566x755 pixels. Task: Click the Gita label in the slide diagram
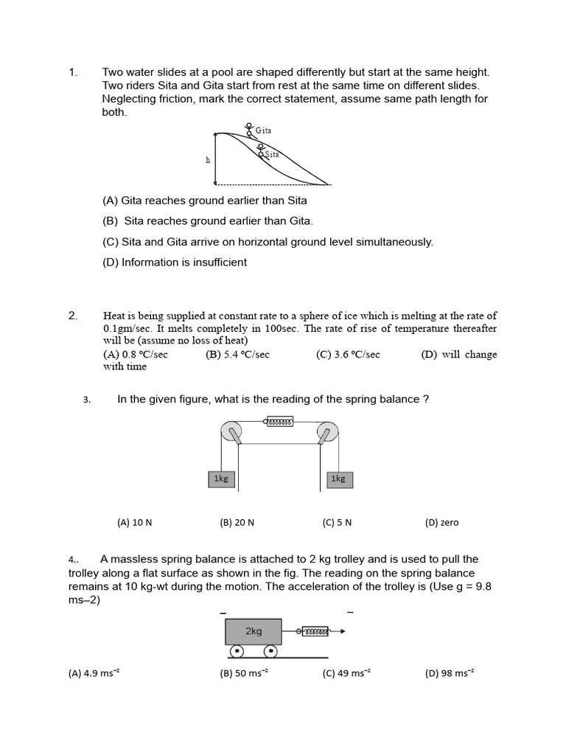click(263, 131)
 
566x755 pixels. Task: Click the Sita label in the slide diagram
click(271, 154)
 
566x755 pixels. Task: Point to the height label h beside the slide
click(208, 160)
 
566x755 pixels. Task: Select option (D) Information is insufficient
click(175, 262)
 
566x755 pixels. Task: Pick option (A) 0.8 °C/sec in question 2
click(136, 355)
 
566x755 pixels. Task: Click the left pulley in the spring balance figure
click(231, 431)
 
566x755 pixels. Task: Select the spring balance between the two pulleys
click(279, 422)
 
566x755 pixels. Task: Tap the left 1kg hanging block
click(221, 479)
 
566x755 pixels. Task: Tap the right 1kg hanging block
click(338, 479)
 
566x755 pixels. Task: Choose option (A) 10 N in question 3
click(134, 523)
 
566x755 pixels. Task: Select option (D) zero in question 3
click(441, 523)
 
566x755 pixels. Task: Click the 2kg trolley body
click(254, 632)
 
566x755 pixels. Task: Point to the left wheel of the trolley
click(237, 652)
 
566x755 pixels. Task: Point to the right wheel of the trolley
click(270, 652)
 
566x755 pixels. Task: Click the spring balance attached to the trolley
click(315, 631)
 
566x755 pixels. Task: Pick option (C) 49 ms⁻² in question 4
click(346, 673)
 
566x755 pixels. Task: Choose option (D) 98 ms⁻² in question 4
click(450, 673)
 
